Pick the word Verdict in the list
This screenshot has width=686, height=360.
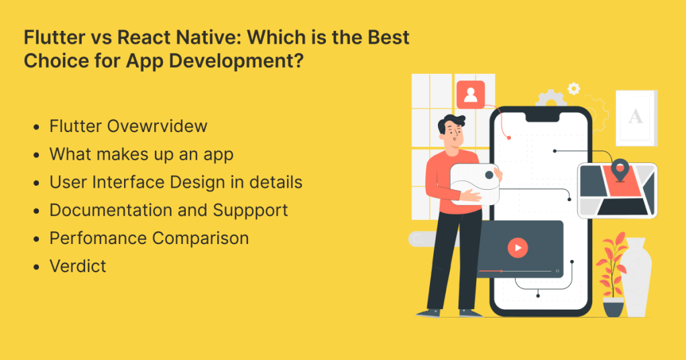point(78,266)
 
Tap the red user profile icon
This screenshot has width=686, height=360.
point(470,95)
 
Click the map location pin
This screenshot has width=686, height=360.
point(620,168)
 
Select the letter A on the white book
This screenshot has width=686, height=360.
point(635,117)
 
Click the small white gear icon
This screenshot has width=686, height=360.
point(573,88)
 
